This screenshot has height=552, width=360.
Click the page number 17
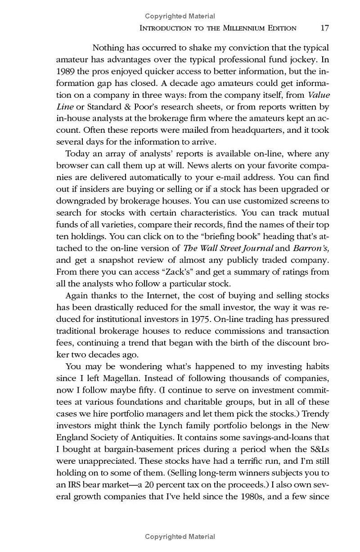click(324, 28)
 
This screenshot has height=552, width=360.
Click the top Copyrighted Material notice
click(180, 17)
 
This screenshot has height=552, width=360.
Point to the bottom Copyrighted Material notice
click(180, 537)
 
